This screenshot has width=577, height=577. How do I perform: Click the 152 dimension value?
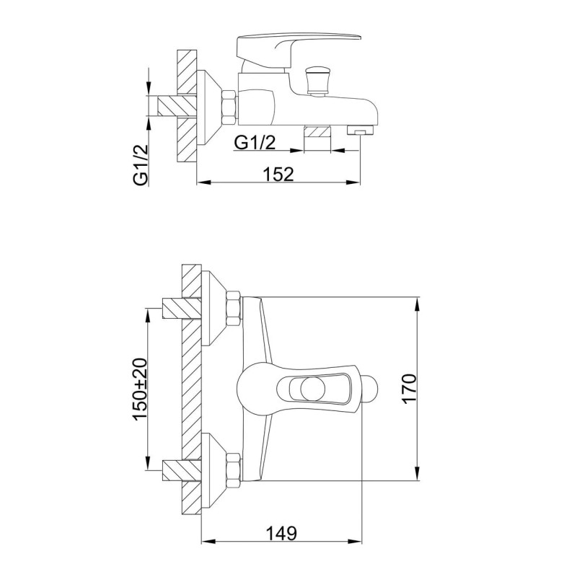point(279,174)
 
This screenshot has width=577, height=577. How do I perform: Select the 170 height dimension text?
point(409,389)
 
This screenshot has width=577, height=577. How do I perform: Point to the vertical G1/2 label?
point(141,164)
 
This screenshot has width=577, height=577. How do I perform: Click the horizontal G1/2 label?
point(255,142)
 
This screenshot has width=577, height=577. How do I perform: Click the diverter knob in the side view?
point(316,82)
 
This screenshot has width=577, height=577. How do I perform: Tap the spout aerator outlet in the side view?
point(360,130)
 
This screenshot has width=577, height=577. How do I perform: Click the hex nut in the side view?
point(229,107)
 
